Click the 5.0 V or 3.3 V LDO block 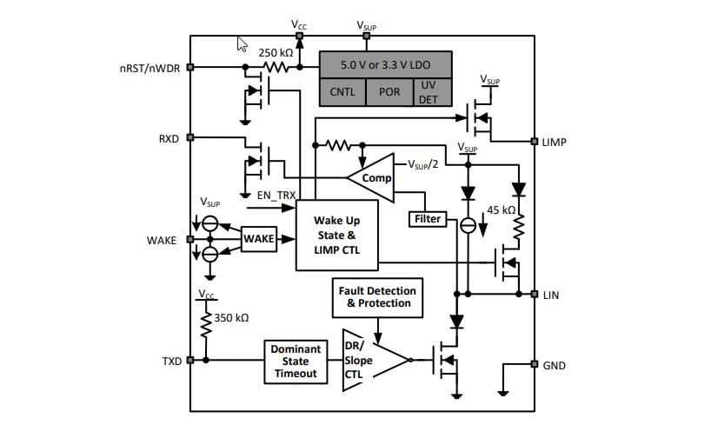[386, 64]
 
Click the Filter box [427, 220]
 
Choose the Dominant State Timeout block [296, 361]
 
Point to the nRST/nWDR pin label [150, 68]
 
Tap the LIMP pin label [554, 142]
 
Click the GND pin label [554, 365]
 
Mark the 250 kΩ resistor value [275, 53]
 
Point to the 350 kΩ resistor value [230, 318]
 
